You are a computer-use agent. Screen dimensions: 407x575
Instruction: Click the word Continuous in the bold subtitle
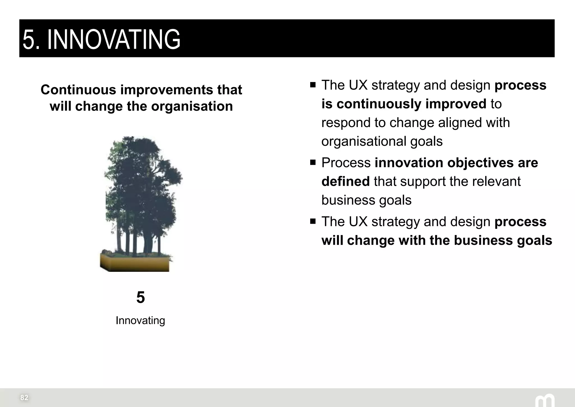click(x=78, y=90)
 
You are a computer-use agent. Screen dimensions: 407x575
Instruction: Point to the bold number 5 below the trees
click(x=140, y=297)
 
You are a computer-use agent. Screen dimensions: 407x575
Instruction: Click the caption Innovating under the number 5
click(x=140, y=320)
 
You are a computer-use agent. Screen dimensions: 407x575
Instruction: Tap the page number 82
click(x=24, y=397)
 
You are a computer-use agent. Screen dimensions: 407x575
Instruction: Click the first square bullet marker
click(x=313, y=85)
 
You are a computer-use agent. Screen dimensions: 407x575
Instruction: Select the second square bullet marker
click(x=313, y=162)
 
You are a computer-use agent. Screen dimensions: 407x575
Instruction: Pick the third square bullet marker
click(x=313, y=221)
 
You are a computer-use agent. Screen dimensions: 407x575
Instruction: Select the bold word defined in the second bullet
click(x=345, y=181)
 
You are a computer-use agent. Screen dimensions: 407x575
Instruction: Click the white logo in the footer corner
click(x=544, y=400)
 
